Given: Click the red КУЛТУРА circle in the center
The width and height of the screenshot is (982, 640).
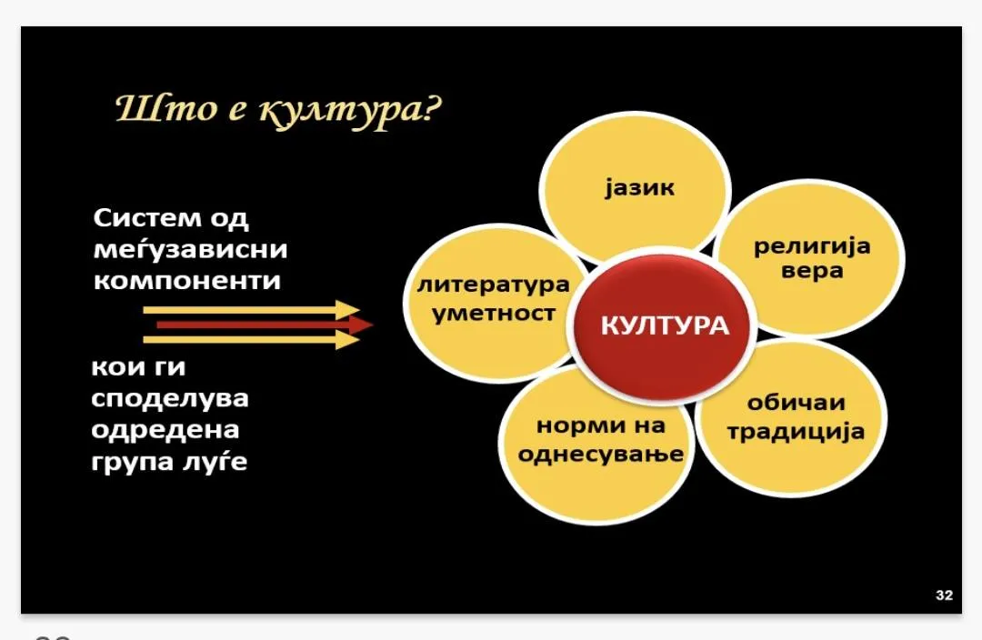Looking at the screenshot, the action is point(664,325).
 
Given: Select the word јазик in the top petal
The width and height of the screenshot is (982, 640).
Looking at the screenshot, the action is point(639,187).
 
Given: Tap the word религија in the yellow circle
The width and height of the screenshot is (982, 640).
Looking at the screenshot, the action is point(812,246).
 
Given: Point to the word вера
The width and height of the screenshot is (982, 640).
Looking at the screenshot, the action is point(812,271).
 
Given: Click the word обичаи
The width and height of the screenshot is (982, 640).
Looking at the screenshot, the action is point(796,402).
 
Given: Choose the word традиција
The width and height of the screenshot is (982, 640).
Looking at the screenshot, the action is point(796,432).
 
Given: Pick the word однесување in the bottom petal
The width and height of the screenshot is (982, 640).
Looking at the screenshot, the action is point(601,454).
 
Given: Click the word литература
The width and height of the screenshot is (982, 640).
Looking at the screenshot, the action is point(494,285).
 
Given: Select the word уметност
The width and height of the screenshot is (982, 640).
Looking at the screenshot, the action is point(494,313).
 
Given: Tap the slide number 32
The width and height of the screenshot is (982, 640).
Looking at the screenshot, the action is point(944,595).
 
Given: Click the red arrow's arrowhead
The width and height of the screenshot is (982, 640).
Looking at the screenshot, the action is point(361,325).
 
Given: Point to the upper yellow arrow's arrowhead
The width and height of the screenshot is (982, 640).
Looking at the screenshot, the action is point(347,310).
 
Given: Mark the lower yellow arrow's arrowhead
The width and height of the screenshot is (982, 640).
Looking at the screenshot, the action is point(347,339).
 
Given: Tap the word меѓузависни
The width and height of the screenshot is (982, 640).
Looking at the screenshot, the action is point(190,248).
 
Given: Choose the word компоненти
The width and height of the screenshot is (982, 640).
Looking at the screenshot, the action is point(187,280).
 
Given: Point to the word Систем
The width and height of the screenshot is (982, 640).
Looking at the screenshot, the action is point(146,218).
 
